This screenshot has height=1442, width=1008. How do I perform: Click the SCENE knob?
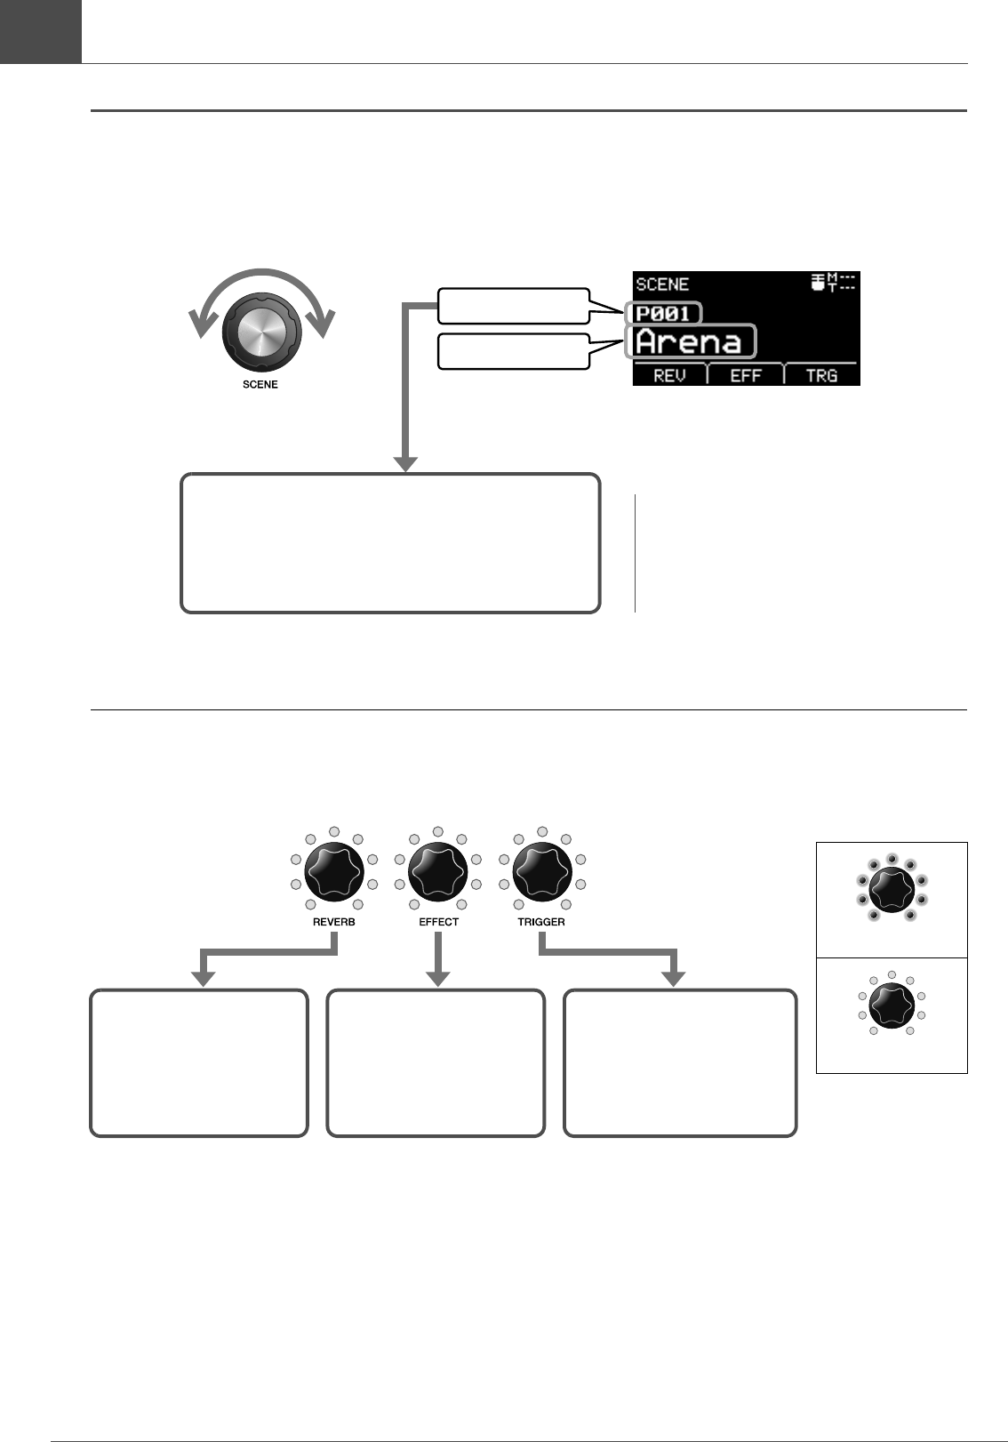click(261, 333)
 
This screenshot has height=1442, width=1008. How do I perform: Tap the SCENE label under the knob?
click(260, 385)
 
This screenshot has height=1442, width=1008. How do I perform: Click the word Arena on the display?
click(689, 341)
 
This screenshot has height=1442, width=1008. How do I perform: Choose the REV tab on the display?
click(669, 375)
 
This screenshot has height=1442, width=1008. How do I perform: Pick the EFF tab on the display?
click(746, 375)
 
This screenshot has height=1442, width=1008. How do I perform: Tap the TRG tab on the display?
click(821, 375)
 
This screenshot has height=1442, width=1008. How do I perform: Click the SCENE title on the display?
click(662, 284)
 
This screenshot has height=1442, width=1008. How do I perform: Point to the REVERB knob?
click(334, 873)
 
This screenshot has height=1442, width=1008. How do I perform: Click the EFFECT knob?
click(438, 873)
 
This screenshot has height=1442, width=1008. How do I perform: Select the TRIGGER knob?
click(542, 873)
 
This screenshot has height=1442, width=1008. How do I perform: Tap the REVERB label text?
click(334, 922)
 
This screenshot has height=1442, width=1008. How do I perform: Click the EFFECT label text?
click(438, 922)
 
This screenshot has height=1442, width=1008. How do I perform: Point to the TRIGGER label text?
click(541, 922)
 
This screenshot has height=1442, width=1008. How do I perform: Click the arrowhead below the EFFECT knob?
click(438, 978)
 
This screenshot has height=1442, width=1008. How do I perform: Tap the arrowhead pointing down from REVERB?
click(204, 978)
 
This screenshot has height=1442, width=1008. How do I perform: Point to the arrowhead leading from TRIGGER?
click(675, 978)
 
